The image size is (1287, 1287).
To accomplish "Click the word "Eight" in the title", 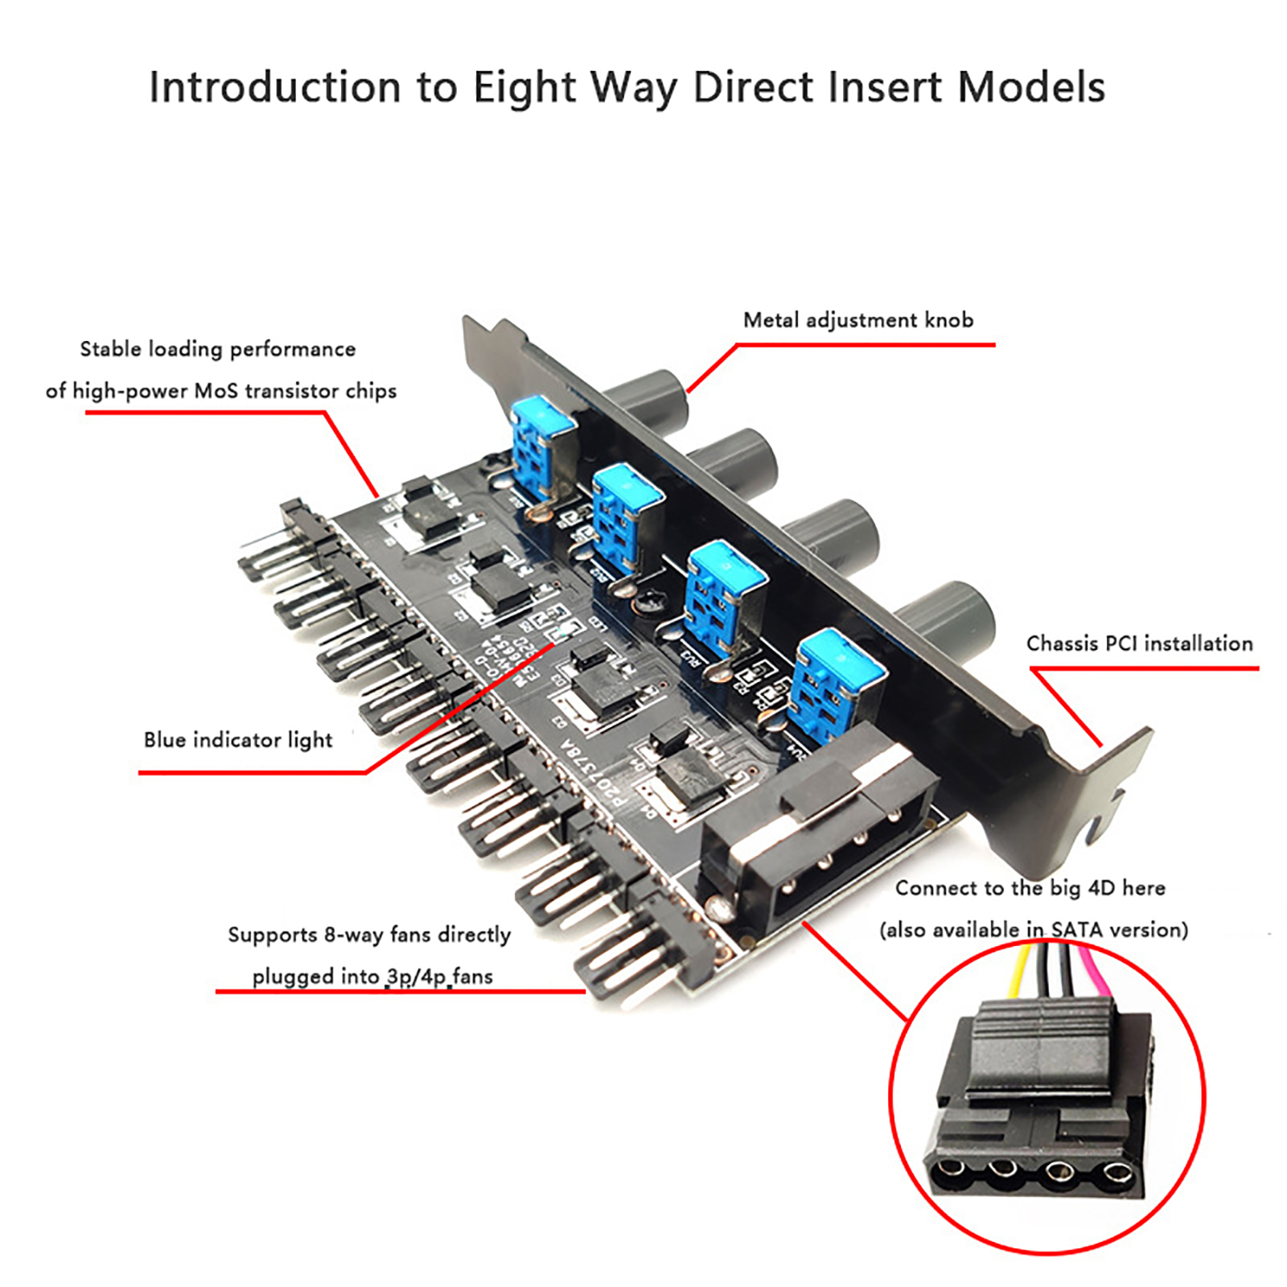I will pyautogui.click(x=524, y=87).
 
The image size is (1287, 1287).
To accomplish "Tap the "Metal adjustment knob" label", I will pyautogui.click(x=857, y=320).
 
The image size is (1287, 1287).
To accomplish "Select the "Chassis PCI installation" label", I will pyautogui.click(x=1139, y=643).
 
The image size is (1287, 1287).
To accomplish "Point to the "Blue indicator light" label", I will pyautogui.click(x=238, y=740).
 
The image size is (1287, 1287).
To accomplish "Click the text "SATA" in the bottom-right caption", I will pyautogui.click(x=1077, y=930).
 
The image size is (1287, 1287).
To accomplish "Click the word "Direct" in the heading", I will pyautogui.click(x=753, y=87).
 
